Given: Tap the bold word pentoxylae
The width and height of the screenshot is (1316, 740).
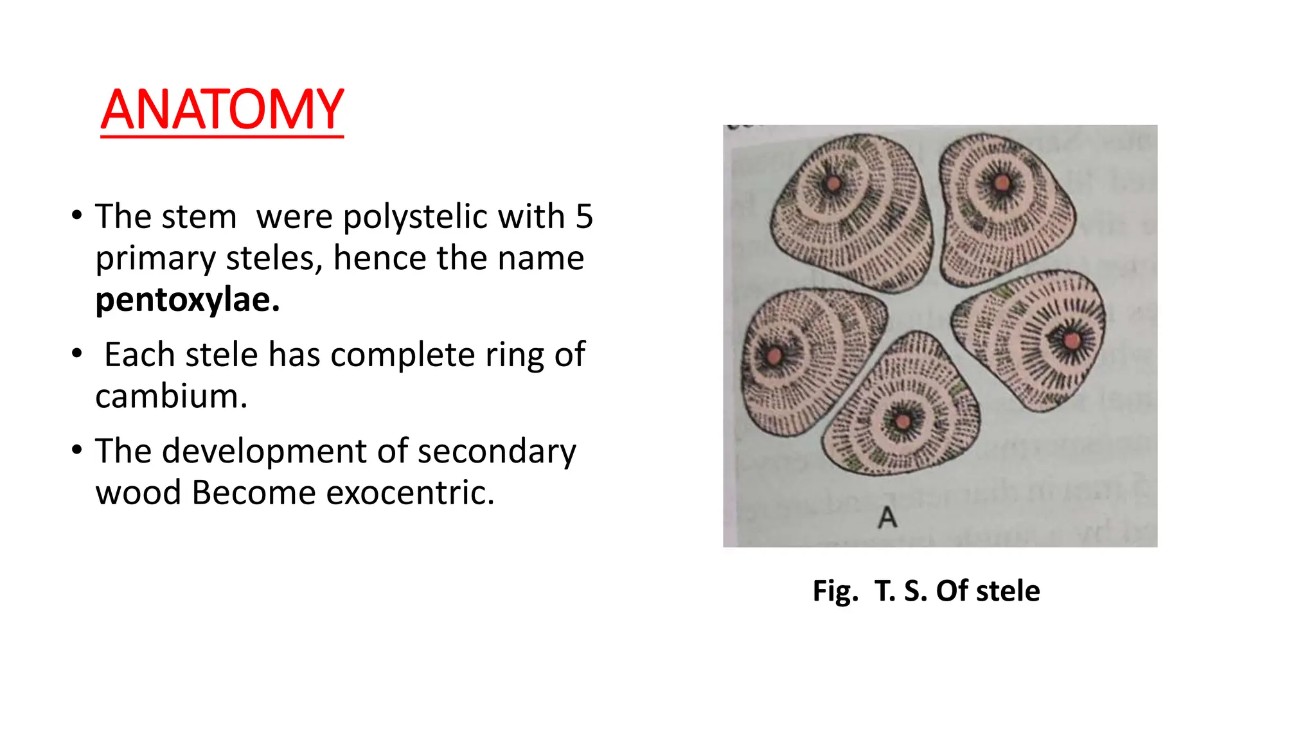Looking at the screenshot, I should coord(187,299).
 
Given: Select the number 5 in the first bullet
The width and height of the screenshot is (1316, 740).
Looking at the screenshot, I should coord(583,216).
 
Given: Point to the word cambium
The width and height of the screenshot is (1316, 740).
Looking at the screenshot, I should coord(171,396).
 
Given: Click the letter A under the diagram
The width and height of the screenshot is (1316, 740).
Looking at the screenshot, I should coord(887,517).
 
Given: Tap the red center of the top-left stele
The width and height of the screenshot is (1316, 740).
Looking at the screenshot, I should coord(833,184).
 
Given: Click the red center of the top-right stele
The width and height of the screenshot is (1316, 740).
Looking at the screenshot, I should coord(1001,184).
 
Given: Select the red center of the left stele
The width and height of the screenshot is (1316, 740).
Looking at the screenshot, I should coord(774,355).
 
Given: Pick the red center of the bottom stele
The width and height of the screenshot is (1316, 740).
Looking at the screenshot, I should coord(903,422).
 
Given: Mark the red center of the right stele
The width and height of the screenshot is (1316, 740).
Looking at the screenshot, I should coord(1071,340).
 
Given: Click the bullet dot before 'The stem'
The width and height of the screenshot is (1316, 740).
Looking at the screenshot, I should coord(77,215).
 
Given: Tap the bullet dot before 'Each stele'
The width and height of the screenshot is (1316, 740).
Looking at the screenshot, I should coord(77,354).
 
